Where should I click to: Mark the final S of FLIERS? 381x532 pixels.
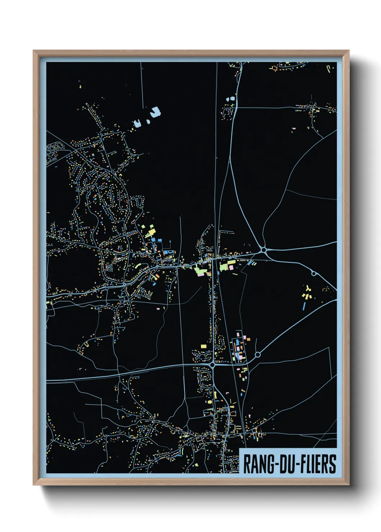point(333,464)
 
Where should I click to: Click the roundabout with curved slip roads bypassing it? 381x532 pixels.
point(264,249)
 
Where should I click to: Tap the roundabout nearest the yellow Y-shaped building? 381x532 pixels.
point(314,274)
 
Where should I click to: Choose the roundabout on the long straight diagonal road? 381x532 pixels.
point(257,355)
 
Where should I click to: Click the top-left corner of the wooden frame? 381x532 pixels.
point(34,51)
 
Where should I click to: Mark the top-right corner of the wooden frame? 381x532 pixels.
point(348,51)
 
